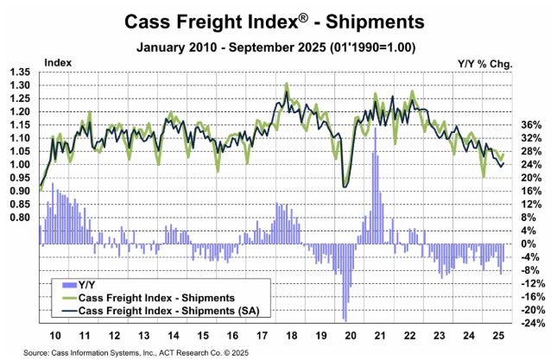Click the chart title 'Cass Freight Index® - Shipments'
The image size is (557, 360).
[278, 20]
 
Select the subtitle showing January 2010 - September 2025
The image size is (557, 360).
[278, 45]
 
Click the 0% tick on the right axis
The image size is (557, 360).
[531, 244]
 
